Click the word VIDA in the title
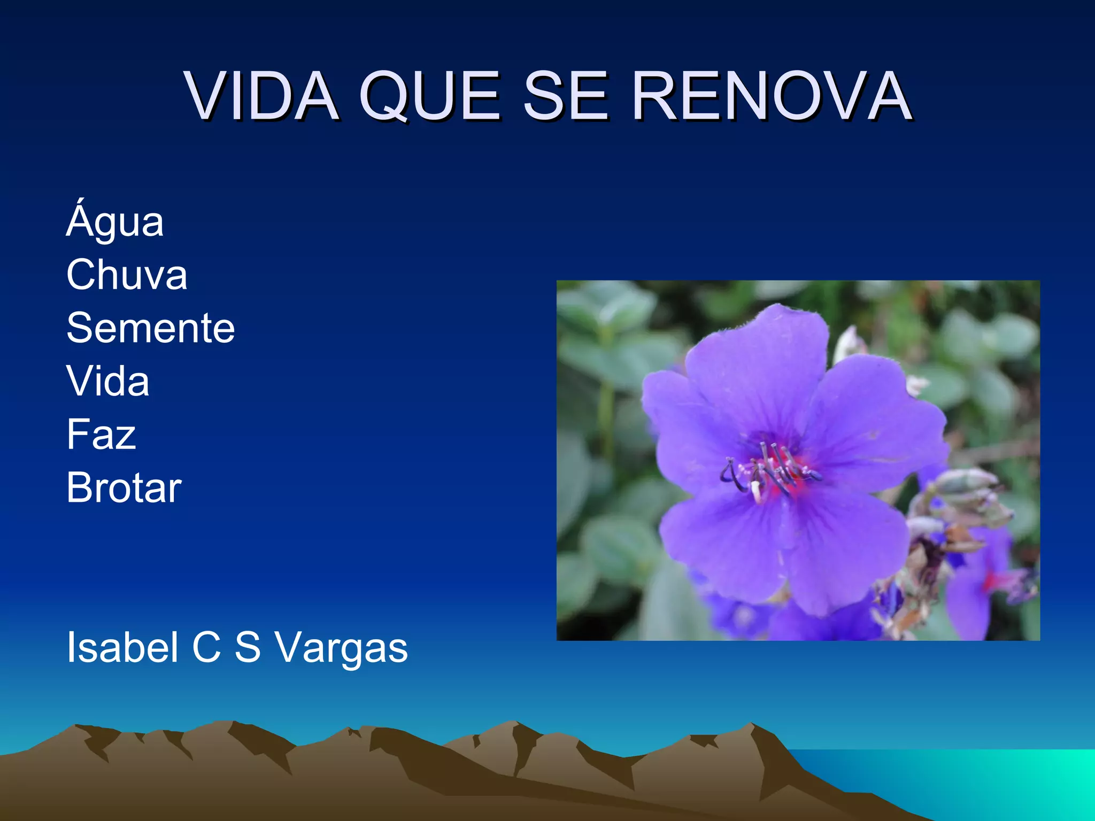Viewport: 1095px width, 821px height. coord(262,96)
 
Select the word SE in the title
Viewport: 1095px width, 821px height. coord(566,96)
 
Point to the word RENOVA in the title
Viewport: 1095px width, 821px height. coord(772,96)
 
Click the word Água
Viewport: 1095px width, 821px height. coord(115,221)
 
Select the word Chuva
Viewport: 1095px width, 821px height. coord(127,275)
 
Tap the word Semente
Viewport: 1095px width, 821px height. coord(151,328)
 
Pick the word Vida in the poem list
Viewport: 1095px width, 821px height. coord(108,381)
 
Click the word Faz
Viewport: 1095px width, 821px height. coord(102,434)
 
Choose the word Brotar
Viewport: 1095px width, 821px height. coord(124,487)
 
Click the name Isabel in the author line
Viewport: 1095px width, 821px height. coord(122,647)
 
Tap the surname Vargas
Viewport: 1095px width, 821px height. coord(341,648)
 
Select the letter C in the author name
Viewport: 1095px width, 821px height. coord(206,647)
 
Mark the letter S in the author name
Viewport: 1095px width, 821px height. coord(248,647)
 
